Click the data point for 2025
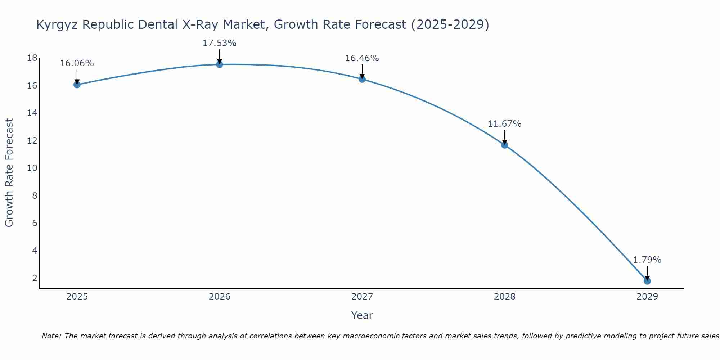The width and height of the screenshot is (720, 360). (77, 85)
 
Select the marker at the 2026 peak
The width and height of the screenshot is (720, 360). (219, 64)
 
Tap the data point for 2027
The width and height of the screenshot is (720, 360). (362, 79)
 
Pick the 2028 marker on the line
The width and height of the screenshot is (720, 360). (504, 145)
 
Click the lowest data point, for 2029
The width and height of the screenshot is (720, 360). (647, 281)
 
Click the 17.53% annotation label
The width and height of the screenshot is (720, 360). (219, 43)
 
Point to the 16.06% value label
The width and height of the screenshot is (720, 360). (77, 63)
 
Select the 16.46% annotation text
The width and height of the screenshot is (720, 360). (362, 58)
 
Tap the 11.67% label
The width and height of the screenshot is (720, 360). (504, 124)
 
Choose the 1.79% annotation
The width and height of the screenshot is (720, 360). (647, 260)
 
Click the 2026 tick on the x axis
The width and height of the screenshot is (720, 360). (219, 297)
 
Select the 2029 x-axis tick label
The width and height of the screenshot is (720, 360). (647, 297)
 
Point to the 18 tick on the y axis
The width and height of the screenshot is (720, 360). (32, 58)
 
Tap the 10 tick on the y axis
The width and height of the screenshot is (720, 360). (32, 168)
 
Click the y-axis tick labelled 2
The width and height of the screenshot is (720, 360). (35, 278)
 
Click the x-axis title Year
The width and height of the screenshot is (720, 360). (362, 315)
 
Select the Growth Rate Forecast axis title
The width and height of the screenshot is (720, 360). (9, 173)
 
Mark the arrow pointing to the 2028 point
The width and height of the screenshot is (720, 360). (504, 137)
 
